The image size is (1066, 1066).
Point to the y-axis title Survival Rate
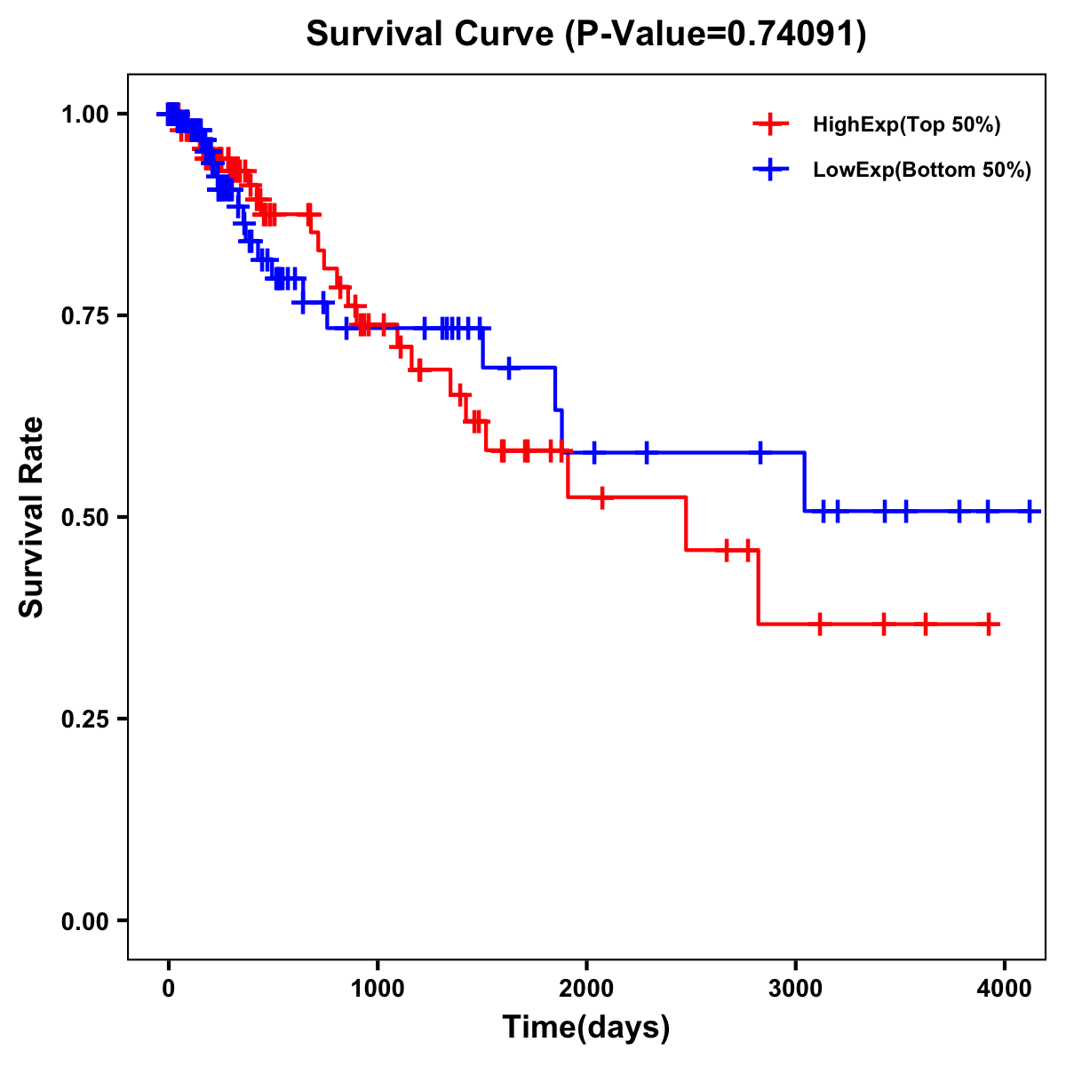pos(32,516)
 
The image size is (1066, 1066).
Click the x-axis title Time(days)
pos(586,1027)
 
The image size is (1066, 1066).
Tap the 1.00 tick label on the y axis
pos(84,114)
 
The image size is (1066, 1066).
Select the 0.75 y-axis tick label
pos(84,315)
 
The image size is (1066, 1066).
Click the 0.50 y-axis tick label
pos(84,517)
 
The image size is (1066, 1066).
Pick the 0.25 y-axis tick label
pos(84,719)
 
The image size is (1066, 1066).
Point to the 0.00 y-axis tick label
pos(84,920)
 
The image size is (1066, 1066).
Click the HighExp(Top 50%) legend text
pos(907,125)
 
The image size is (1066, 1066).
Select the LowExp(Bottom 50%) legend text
pos(922,171)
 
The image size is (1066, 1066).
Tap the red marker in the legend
pos(770,124)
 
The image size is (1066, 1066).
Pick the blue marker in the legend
pos(770,170)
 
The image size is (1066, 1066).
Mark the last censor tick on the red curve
pos(989,624)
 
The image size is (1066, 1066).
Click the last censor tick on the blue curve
pos(1030,511)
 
